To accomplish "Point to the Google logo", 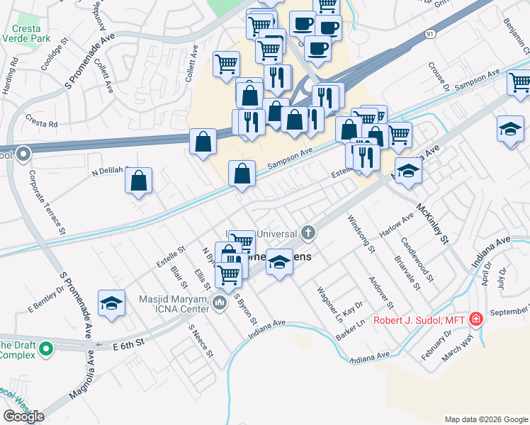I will pyautogui.click(x=23, y=416).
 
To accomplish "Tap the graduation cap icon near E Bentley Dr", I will pyautogui.click(x=111, y=303).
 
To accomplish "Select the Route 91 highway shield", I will pyautogui.click(x=429, y=33).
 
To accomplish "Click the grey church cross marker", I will pyautogui.click(x=308, y=232).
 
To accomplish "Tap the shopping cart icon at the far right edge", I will pyautogui.click(x=519, y=84).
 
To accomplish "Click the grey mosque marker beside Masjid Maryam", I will pyautogui.click(x=219, y=304).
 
